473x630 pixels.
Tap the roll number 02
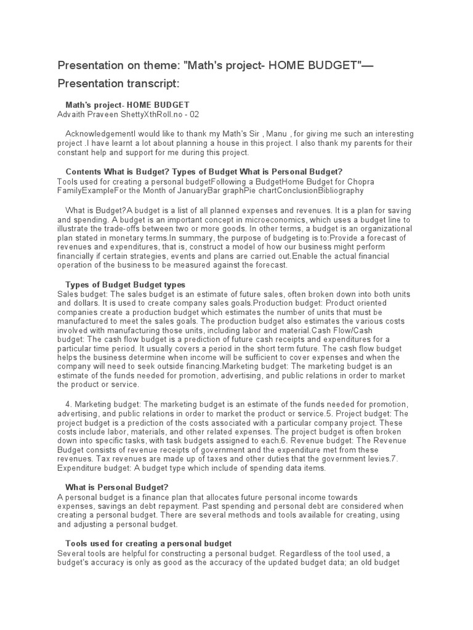tap(194, 114)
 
